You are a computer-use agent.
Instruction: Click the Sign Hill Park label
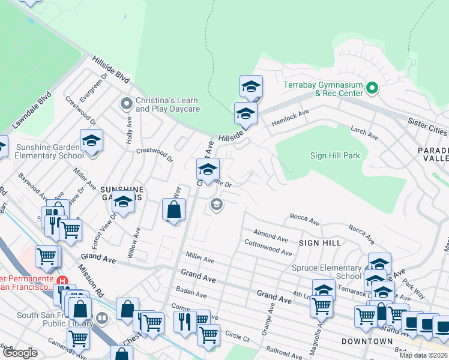[x=335, y=155]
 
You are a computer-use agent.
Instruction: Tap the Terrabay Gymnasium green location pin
[x=372, y=89]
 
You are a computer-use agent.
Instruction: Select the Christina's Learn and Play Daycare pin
[x=126, y=104]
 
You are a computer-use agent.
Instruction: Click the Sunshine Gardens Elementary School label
[x=42, y=151]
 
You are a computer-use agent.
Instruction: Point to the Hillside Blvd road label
[x=111, y=70]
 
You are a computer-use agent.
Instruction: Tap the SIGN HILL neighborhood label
[x=320, y=243]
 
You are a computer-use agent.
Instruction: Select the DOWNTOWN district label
[x=367, y=341]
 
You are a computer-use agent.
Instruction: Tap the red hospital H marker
[x=61, y=281]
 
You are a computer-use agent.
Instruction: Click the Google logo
[x=20, y=353]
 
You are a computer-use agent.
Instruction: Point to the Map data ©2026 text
[x=423, y=355]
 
